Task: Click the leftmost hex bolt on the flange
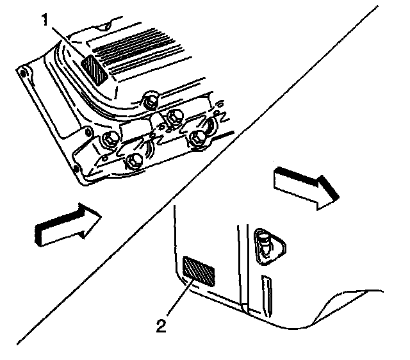click(108, 139)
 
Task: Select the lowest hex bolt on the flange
click(135, 161)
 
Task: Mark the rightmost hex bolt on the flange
click(198, 135)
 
